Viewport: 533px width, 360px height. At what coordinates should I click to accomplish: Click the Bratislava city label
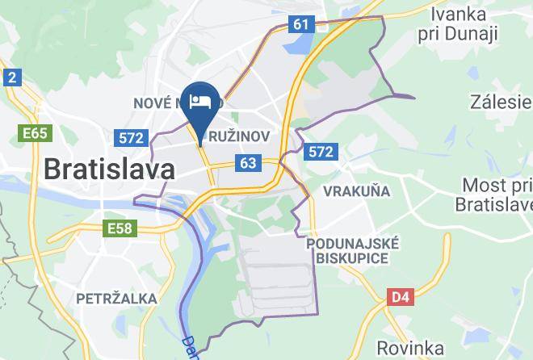108,170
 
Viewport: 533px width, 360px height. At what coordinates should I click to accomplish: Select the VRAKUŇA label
356,191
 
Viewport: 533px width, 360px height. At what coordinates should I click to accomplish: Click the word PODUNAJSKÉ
353,243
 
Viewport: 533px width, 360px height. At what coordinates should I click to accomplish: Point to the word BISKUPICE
353,258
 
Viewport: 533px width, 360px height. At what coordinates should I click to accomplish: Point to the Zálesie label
501,102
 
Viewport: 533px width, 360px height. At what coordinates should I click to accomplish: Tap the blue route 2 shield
11,77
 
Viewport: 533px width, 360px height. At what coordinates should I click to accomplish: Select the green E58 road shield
120,229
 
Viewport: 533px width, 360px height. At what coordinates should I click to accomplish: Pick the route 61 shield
300,24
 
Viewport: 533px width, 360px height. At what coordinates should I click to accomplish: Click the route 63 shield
248,164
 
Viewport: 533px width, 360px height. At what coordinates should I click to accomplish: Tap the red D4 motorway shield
400,297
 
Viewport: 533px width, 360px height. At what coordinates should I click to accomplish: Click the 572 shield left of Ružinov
131,138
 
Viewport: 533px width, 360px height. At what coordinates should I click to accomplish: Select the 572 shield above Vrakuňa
321,151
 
